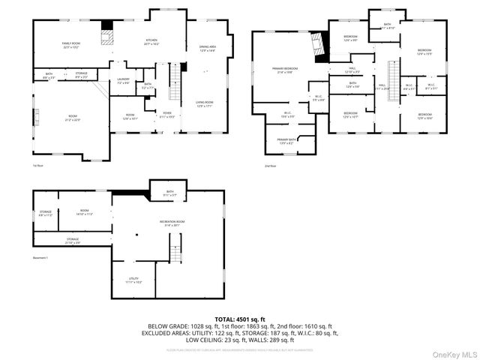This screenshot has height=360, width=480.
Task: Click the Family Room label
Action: (70, 46)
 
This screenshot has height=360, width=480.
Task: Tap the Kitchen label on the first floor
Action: (151, 41)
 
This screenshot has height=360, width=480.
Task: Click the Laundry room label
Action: (124, 80)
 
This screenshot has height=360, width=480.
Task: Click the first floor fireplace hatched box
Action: (108, 37)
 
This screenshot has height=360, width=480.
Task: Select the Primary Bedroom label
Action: (283, 70)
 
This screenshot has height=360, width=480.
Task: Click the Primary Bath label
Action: (286, 141)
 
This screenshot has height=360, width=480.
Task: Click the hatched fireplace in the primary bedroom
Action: (321, 48)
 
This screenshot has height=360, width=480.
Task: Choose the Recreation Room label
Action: (172, 223)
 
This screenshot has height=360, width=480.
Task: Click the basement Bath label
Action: (169, 193)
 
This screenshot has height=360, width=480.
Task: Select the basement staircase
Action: (176, 248)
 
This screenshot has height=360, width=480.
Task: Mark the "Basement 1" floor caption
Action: (40, 258)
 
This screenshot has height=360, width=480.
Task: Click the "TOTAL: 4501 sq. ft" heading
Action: (239, 319)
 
